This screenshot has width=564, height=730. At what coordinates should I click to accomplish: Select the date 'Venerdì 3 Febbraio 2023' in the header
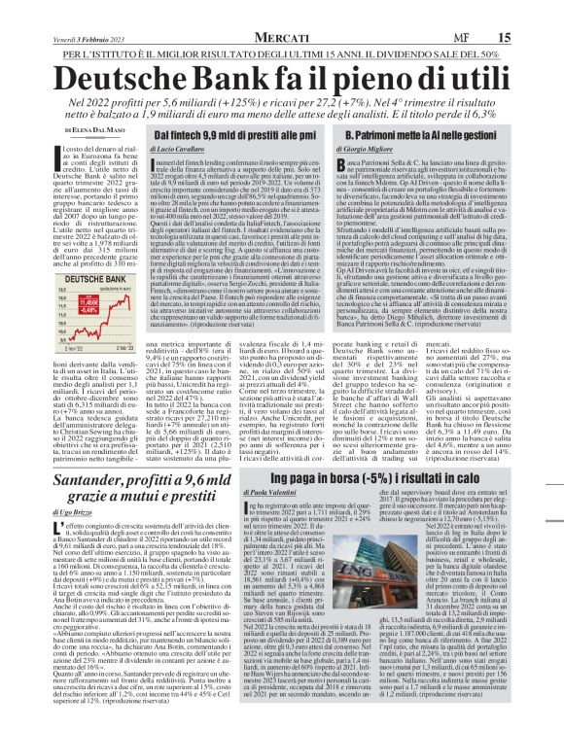click(x=65, y=11)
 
